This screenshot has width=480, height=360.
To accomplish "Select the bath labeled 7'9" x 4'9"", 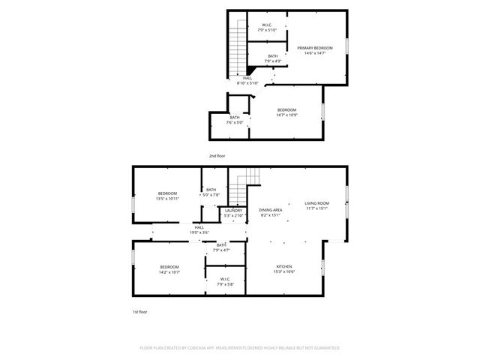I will point(272,58).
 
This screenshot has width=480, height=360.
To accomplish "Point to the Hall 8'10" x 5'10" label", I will point(247,80).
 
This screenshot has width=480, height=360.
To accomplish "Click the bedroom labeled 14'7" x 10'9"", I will point(287,112).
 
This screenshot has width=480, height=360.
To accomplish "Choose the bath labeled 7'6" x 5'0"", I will point(235,120).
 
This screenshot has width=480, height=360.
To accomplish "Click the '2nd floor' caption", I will point(217,156).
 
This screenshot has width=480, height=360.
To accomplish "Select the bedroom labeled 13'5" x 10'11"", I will point(167,196).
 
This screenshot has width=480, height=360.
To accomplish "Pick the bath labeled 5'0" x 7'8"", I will point(211,192).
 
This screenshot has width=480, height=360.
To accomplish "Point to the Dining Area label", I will point(270,212).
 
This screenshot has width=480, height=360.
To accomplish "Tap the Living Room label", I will point(316,205).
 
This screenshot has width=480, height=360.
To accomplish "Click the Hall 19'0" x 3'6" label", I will point(199,229).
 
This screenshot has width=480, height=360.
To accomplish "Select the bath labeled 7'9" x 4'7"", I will point(221,247).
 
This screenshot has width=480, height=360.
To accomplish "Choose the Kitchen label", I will point(285,269).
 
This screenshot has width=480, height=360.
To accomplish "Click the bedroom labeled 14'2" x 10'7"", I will point(169,269).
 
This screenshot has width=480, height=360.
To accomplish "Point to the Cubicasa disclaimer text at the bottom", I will point(240,348).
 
